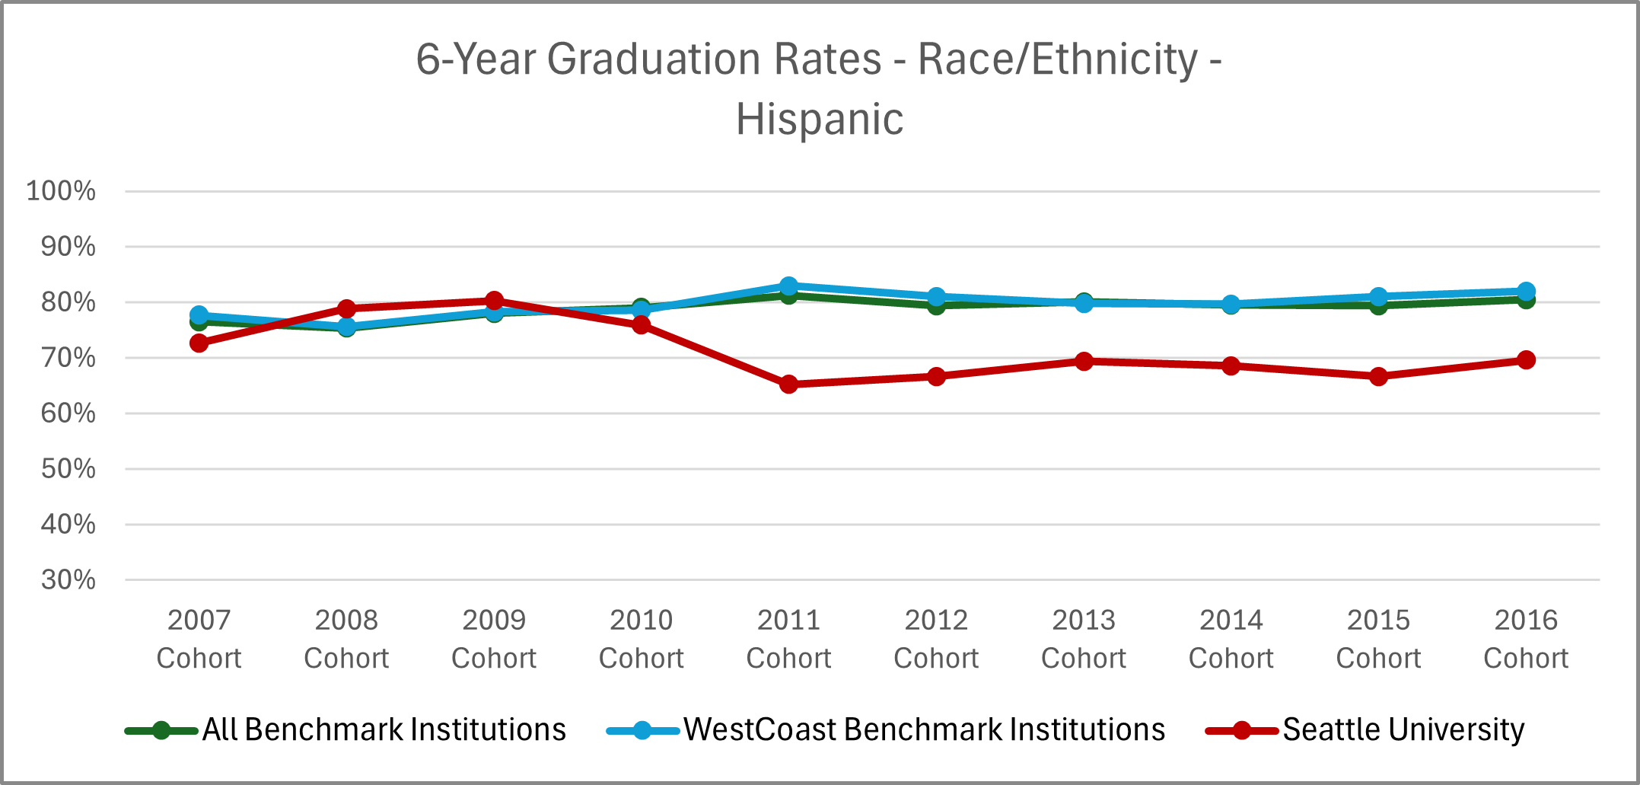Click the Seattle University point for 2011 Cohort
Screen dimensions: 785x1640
point(789,385)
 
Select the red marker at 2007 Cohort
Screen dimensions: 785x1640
point(199,343)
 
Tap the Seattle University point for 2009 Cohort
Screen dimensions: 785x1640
point(494,301)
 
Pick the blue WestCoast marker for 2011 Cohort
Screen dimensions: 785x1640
point(789,286)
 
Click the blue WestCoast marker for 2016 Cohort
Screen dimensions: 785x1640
point(1526,292)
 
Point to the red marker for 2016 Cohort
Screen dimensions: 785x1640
point(1526,360)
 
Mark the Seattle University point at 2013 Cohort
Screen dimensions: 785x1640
point(1084,361)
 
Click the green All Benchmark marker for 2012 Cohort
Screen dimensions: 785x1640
point(937,306)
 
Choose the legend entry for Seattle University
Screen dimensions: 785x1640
point(1403,729)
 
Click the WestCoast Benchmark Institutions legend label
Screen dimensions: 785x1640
point(924,729)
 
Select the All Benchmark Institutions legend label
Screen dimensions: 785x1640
point(384,729)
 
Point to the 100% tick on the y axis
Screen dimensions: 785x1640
point(61,191)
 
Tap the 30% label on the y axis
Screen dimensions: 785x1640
point(68,580)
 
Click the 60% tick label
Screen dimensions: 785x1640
point(68,413)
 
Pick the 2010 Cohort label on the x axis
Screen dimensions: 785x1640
point(642,639)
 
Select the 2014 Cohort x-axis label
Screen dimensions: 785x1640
point(1231,639)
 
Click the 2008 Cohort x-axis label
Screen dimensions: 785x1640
point(346,639)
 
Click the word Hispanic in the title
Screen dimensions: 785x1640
point(820,120)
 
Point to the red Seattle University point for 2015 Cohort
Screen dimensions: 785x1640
point(1378,377)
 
